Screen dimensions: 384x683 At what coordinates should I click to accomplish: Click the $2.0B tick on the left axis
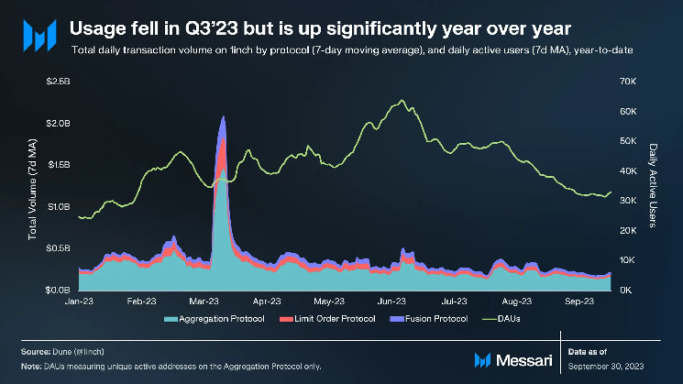point(57,123)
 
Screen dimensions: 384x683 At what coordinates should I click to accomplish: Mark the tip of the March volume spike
point(222,117)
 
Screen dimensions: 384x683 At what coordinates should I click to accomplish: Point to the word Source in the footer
point(38,351)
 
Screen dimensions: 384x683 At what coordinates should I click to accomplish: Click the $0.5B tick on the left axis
point(57,248)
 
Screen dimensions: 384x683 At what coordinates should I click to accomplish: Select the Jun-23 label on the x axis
point(392,300)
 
